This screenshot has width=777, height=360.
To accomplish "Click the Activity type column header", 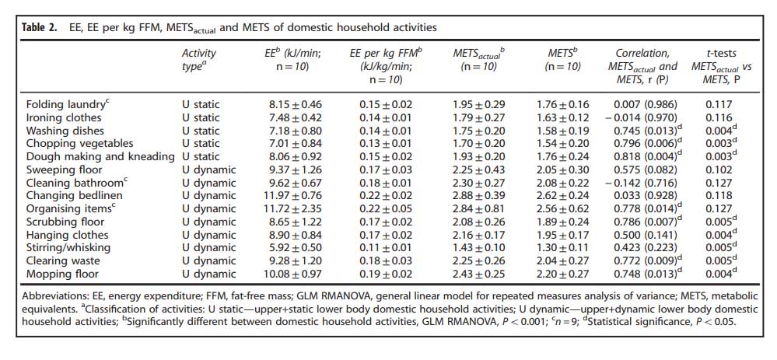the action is pos(199,59).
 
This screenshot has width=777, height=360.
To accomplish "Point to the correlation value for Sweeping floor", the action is pos(642,170).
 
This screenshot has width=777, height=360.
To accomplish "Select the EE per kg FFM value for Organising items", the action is pos(386,208).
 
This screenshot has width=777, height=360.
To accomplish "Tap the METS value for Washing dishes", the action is pos(563,131).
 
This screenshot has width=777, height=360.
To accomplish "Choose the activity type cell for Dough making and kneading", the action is pos(200,156).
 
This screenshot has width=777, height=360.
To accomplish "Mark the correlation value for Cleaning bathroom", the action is pos(640,183).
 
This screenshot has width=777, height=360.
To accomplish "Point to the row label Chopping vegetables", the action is pos(79,144).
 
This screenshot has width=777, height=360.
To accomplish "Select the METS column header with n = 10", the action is pos(563,59).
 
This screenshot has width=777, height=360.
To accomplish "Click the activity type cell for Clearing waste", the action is pos(208,260).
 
